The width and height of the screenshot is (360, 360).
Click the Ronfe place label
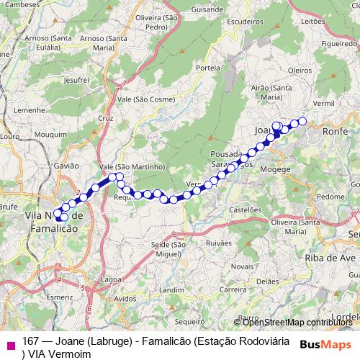pyautogui.click(x=336, y=132)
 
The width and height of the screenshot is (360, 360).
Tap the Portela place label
pyautogui.click(x=207, y=68)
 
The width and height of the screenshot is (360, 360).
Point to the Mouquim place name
pyautogui.click(x=50, y=134)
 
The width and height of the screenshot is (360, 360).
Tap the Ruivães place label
pyautogui.click(x=218, y=243)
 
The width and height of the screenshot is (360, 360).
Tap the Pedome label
pyautogui.click(x=330, y=196)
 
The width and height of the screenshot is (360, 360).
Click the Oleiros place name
pyautogui.click(x=298, y=71)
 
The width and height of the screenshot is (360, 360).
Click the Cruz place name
pyautogui.click(x=106, y=117)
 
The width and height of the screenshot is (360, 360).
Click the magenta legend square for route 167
pyautogui.click(x=10, y=344)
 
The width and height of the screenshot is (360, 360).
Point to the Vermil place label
pyautogui.click(x=324, y=104)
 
